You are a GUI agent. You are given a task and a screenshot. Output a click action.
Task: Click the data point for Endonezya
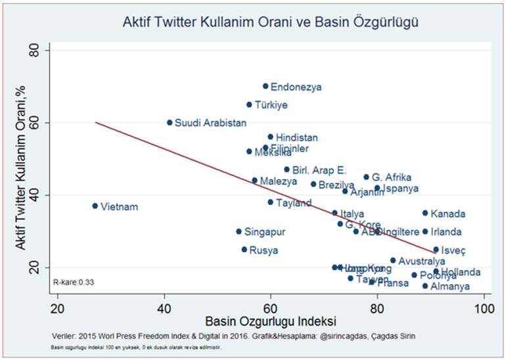[x=265, y=86]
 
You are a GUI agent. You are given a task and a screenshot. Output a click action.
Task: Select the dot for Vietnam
[x=95, y=206]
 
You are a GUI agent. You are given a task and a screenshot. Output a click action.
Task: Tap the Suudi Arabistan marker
[x=170, y=122]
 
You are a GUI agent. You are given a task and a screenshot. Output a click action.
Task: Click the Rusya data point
[x=244, y=250]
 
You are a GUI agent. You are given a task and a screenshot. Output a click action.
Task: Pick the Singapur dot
[x=239, y=231]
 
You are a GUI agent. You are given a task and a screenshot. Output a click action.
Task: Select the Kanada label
[x=448, y=214]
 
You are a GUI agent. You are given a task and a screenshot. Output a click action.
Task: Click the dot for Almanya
[x=425, y=286]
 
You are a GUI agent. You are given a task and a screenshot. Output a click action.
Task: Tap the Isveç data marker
[x=436, y=250]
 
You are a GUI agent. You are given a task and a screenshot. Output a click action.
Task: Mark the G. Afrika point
[x=367, y=177]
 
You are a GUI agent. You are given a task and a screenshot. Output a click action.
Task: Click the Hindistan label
[x=296, y=138]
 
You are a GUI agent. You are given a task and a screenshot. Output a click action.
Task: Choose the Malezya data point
[x=255, y=180]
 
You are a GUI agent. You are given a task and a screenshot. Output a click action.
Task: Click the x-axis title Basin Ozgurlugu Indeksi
[x=271, y=322]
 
